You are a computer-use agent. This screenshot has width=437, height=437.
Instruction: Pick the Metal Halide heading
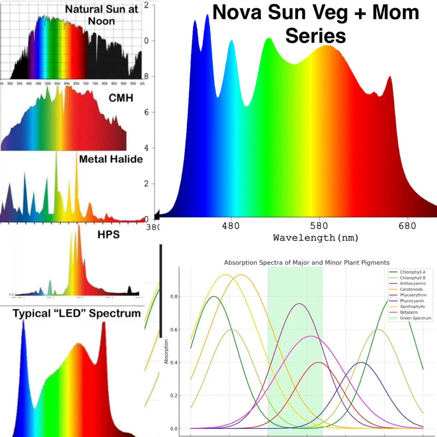[x=111, y=160]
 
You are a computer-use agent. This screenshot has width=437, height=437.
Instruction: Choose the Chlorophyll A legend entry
[x=413, y=271]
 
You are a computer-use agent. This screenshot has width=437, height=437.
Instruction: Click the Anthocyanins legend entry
[x=414, y=283]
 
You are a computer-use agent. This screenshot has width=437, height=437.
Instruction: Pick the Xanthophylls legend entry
[x=414, y=306]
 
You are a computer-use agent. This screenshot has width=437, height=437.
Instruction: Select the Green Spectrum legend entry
[x=415, y=318]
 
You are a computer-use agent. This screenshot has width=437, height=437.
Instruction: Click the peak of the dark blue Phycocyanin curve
[x=361, y=362]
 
